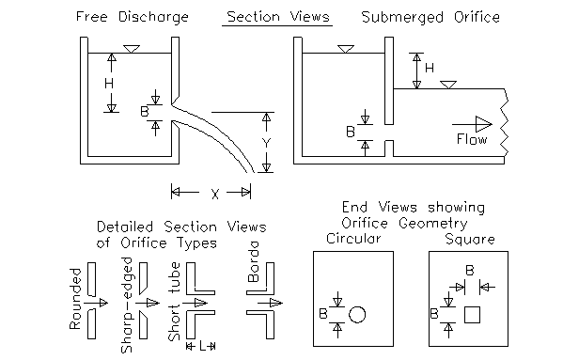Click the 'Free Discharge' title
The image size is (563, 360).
133,17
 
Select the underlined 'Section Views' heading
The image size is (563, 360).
278,17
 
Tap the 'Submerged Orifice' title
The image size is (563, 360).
430,17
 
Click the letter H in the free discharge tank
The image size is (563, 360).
109,84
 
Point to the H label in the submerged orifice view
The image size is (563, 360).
430,68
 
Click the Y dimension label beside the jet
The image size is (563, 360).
266,143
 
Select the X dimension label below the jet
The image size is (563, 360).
214,195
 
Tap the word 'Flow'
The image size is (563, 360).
472,139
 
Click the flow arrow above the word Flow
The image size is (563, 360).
472,124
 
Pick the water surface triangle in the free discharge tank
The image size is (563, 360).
132,49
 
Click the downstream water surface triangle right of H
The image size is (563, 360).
448,85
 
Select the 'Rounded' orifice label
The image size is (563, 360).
75,299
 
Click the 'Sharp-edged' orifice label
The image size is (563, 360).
127,305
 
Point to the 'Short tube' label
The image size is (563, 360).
174,302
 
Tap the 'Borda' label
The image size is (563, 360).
253,261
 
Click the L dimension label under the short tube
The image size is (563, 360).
203,346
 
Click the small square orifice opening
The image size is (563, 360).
472,315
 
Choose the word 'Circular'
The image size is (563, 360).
353,239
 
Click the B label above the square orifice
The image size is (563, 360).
469,270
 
